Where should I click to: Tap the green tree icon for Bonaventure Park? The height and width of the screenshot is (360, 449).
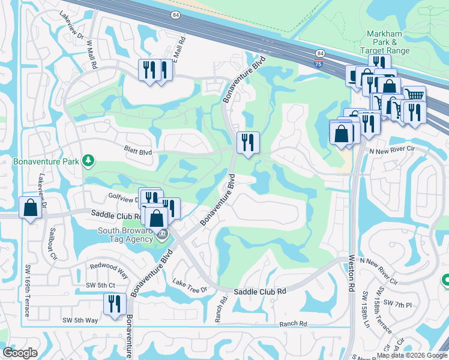88,160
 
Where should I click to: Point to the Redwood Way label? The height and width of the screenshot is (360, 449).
109,269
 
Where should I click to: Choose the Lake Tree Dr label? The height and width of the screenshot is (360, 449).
189,286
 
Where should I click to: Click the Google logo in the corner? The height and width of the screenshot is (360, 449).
20,352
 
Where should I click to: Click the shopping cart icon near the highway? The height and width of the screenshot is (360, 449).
414,95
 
